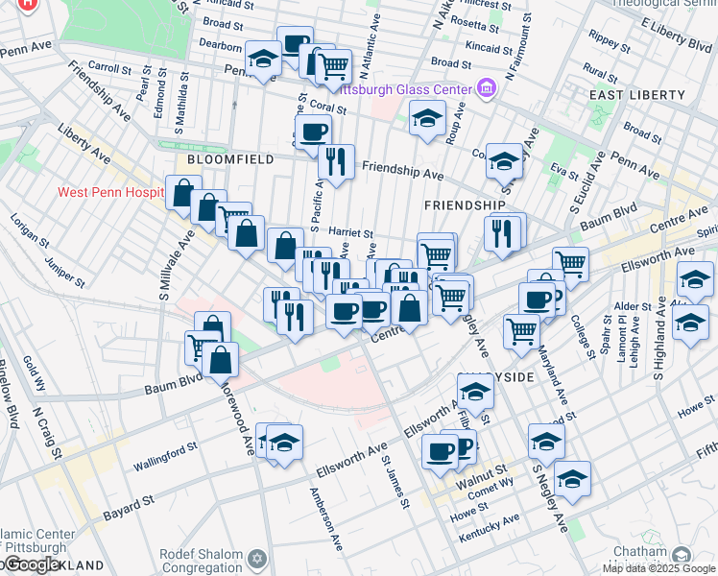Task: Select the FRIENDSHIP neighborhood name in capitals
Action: (x=464, y=205)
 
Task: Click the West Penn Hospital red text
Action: (x=110, y=192)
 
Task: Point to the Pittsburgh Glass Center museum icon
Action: (x=487, y=88)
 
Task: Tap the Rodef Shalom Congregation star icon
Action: (x=256, y=558)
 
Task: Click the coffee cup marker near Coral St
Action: (x=314, y=132)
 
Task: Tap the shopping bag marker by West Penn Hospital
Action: (x=182, y=193)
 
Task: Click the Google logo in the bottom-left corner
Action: (x=32, y=564)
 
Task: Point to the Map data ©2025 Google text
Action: (x=658, y=568)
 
